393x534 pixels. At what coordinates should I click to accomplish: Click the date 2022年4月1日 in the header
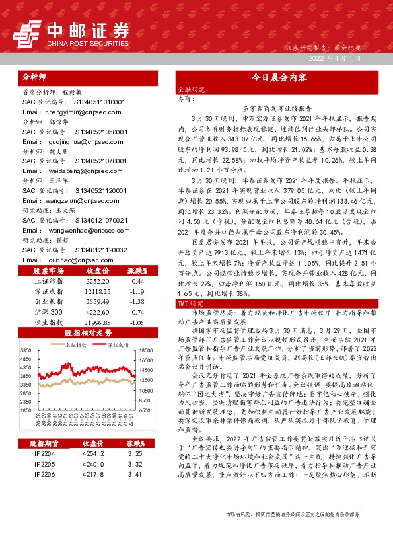(336, 58)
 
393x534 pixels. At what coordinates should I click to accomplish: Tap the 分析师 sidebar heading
(36, 76)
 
